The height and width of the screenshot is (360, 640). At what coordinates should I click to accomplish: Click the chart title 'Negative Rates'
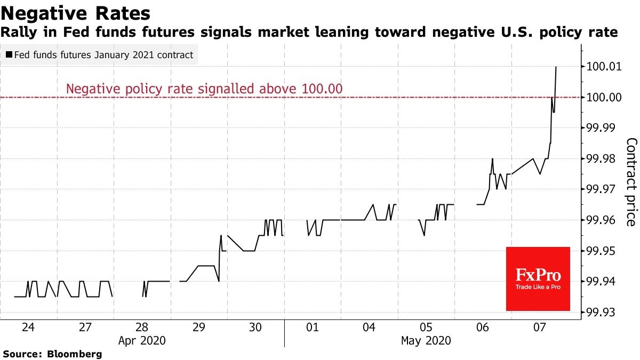[76, 12]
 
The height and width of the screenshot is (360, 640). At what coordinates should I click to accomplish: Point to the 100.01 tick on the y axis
[605, 67]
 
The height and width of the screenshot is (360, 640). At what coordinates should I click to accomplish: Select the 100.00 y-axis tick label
[605, 98]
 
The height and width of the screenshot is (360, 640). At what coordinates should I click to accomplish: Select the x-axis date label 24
[28, 327]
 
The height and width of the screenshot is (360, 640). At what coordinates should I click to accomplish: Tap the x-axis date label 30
[255, 327]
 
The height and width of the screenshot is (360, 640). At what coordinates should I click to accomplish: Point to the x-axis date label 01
[312, 327]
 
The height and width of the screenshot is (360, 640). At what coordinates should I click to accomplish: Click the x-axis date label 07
[539, 327]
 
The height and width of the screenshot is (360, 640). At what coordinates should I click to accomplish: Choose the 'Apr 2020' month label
[142, 340]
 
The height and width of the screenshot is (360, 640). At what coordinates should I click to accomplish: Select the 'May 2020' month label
[426, 340]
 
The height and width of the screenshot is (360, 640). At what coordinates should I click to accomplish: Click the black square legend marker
[9, 55]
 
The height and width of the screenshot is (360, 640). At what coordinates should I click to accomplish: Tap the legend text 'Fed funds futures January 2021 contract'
[103, 55]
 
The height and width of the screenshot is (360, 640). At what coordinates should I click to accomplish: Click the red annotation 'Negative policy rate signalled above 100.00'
[204, 89]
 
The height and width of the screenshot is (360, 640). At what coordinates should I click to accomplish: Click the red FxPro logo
[538, 278]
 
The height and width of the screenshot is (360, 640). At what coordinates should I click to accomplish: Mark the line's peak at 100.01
[556, 67]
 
